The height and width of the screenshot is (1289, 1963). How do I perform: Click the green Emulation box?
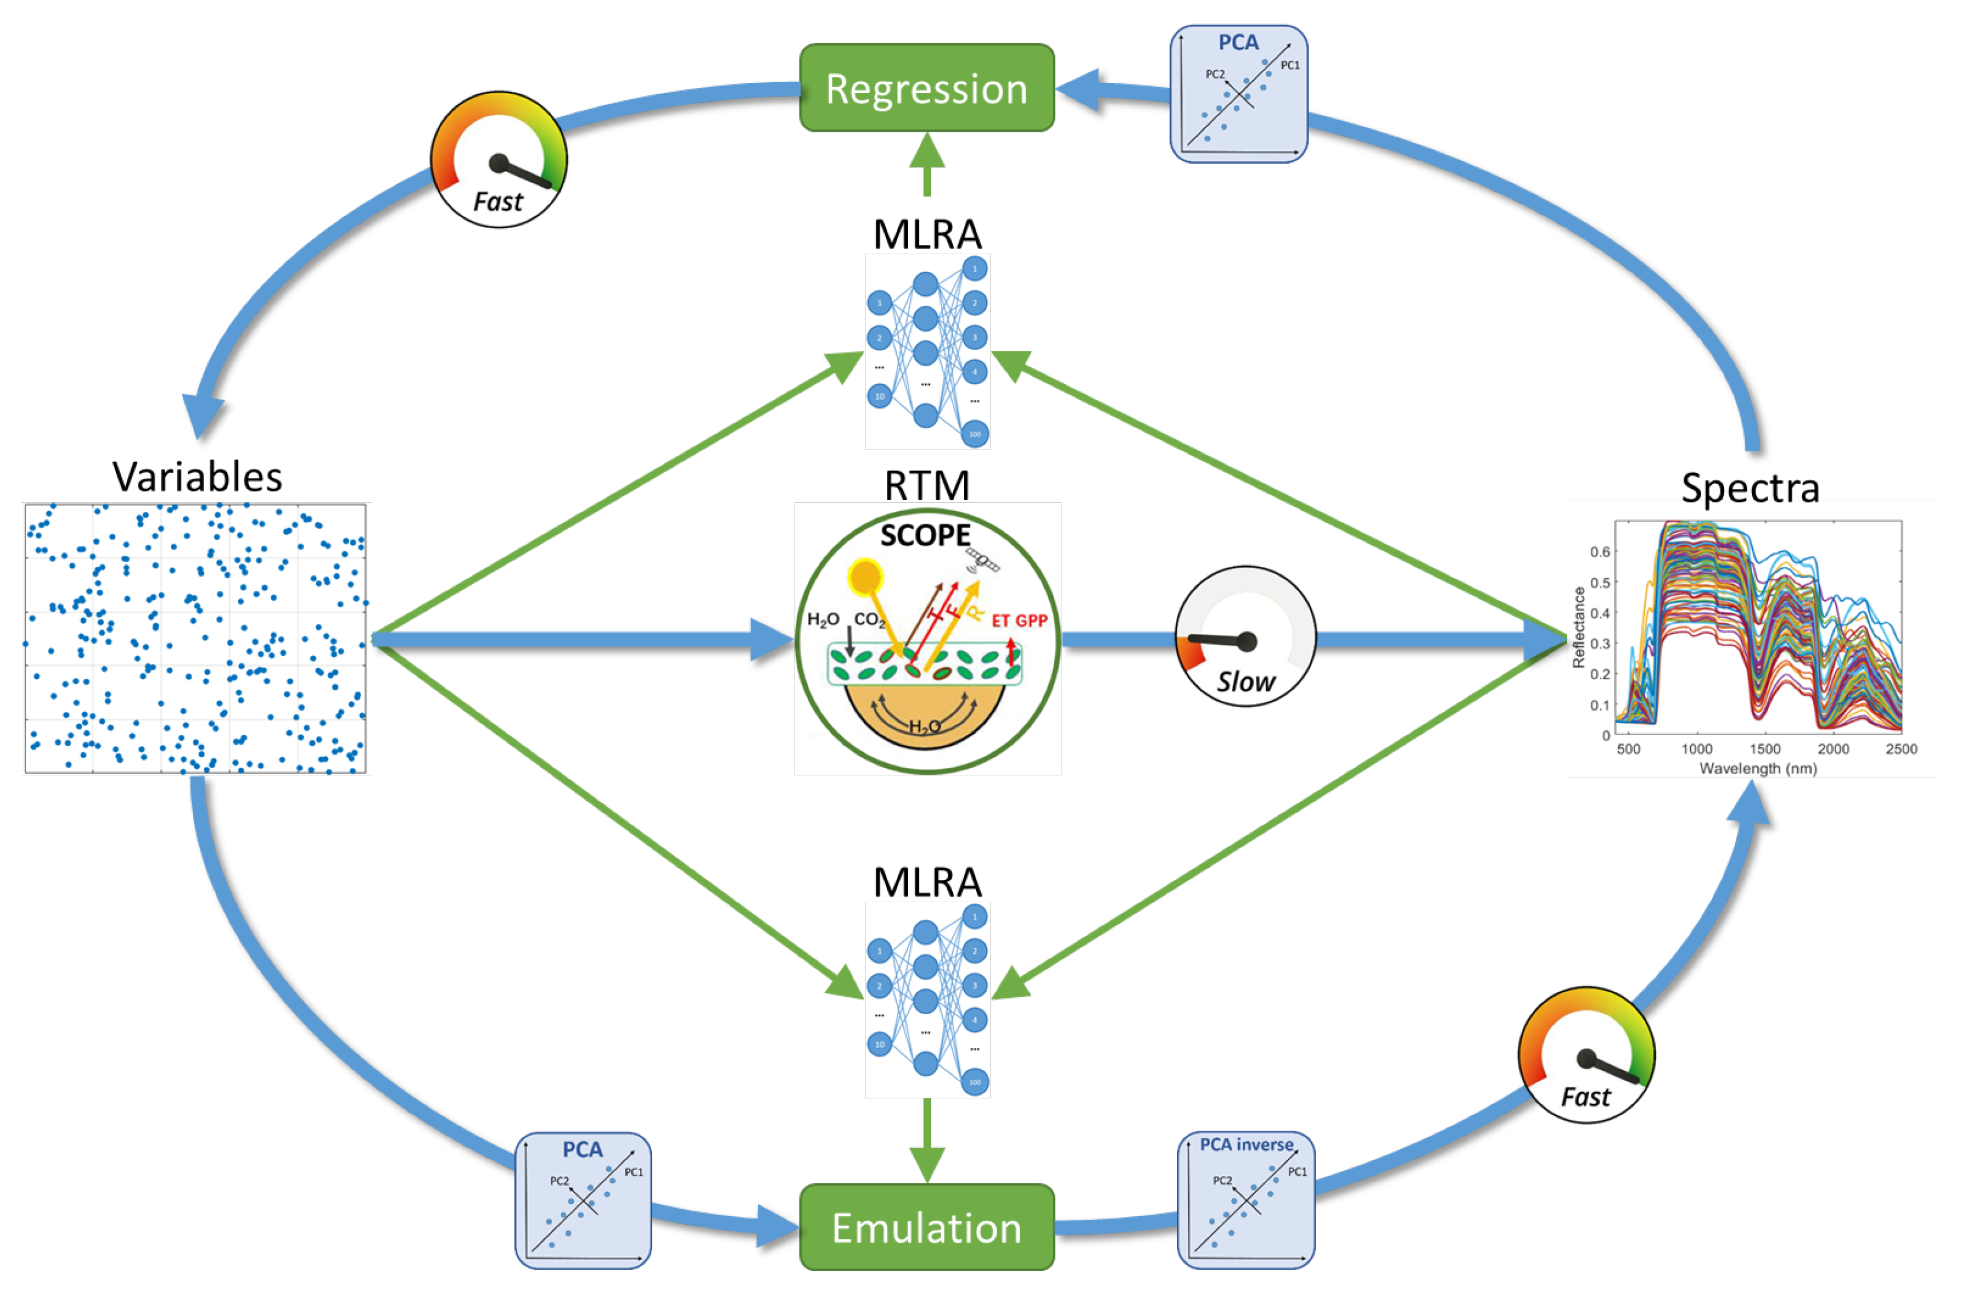coord(926,1227)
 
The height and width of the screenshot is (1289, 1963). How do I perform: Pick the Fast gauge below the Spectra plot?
coord(1585,1054)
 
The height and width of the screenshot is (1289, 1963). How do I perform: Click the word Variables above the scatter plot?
coord(197,477)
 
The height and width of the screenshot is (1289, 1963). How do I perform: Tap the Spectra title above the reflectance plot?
coord(1750,488)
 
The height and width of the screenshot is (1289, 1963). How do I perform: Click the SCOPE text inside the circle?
coord(925,536)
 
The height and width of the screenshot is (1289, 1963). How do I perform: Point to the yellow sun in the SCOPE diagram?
coord(865,577)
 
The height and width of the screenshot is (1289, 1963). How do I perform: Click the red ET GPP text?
coord(1019,621)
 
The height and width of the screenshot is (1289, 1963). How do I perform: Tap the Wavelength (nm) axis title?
coord(1757,769)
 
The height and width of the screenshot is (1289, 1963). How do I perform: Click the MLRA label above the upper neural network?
coord(927,235)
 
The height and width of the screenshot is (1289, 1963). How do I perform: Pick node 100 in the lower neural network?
coord(975,1082)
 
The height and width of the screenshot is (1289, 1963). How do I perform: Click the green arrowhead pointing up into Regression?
coord(927,150)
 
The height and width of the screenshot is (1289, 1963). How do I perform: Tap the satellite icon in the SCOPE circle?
coord(983,561)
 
